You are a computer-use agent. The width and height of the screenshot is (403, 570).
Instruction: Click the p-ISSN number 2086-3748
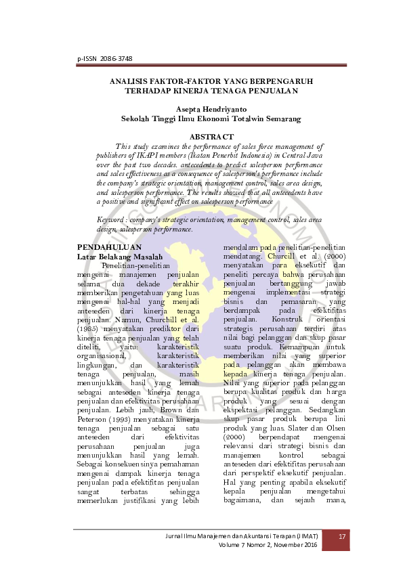click(114, 60)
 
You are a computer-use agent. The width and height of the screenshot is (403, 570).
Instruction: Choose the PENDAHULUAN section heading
click(108, 248)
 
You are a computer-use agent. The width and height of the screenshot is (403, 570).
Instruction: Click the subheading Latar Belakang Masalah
click(120, 257)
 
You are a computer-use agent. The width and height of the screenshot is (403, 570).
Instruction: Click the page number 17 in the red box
click(342, 538)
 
